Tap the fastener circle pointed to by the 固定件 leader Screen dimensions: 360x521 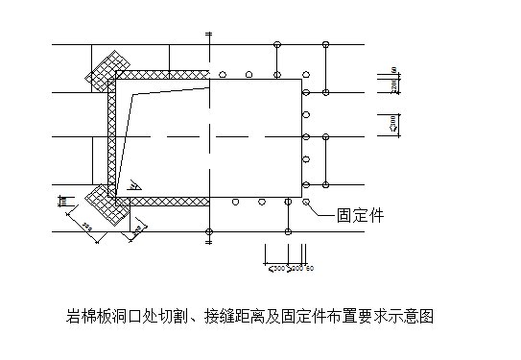[306, 202]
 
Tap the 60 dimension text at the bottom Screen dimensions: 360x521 [309, 268]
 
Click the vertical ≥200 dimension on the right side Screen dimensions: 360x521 [394, 87]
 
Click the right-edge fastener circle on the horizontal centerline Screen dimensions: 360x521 [306, 136]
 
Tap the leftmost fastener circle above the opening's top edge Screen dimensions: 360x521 [222, 74]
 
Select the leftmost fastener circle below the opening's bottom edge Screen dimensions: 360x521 [235, 202]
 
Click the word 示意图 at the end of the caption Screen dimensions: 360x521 [416, 315]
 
